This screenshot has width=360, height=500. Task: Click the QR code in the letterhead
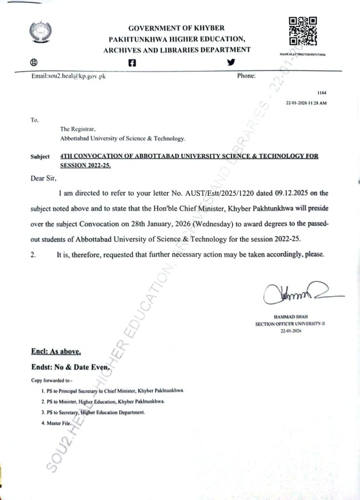point(303,32)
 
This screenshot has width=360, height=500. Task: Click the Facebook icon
point(132,62)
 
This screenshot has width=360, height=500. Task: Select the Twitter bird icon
point(231,62)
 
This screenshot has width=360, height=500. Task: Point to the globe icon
point(34,62)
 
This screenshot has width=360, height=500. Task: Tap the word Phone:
point(247,76)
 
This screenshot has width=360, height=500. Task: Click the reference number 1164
point(321,92)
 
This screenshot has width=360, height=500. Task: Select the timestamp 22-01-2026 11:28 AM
point(306,104)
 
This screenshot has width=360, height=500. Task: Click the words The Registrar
point(74,129)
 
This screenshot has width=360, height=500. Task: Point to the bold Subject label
point(40,157)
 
